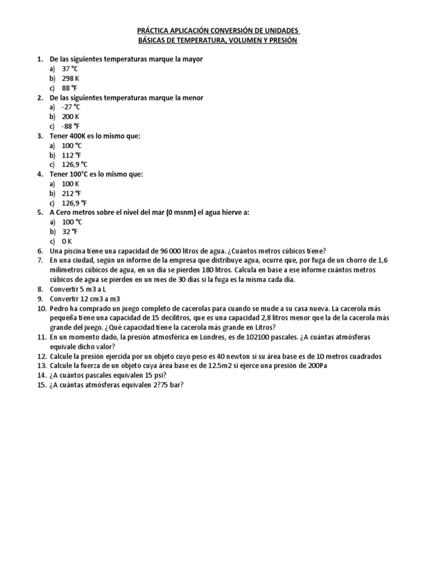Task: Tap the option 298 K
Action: tap(71, 78)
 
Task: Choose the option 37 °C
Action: tap(71, 69)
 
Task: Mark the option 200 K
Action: tap(71, 117)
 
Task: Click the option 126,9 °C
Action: tap(75, 165)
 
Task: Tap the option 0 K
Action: tap(67, 241)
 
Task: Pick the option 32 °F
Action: tap(70, 232)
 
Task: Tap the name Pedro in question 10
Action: tap(59, 308)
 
